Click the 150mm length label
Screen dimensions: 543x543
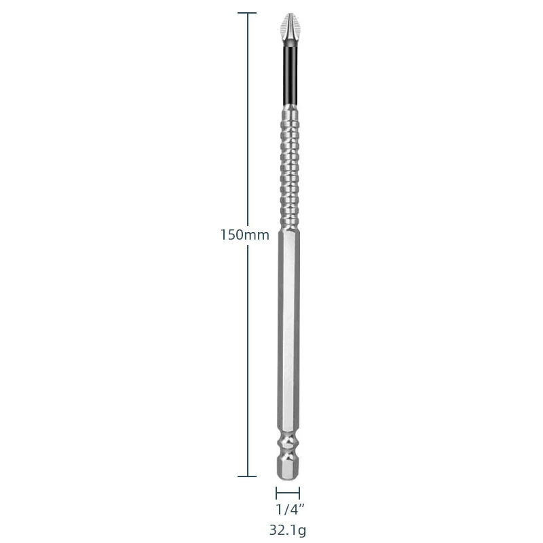pos(245,235)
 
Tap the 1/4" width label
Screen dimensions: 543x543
pos(290,509)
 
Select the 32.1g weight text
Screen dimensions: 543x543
pos(288,530)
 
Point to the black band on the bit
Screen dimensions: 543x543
pos(289,75)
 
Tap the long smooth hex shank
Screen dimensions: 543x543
pos(289,329)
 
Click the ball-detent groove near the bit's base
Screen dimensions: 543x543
pos(289,446)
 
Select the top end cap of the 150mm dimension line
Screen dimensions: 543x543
pos(247,13)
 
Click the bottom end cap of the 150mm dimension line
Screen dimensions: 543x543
pos(247,476)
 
